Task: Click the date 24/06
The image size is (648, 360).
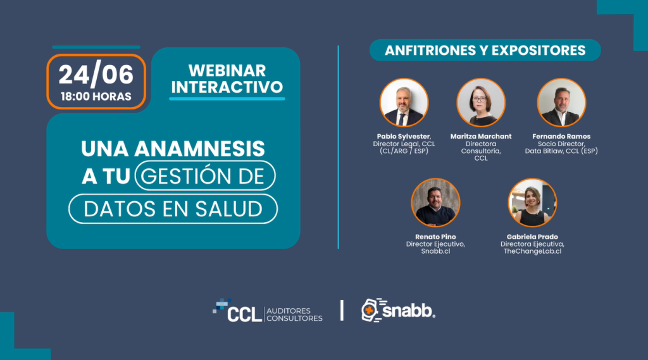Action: click(x=96, y=75)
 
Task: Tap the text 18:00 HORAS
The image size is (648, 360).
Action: click(x=96, y=96)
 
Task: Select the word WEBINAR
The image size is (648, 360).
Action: click(x=227, y=71)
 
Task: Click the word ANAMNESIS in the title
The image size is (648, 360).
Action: click(x=199, y=149)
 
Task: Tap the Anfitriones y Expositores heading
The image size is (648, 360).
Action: click(x=485, y=51)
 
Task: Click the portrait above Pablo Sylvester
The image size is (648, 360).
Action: click(x=404, y=102)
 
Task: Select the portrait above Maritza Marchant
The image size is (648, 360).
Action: click(x=481, y=102)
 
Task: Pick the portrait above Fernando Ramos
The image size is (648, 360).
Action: click(x=561, y=102)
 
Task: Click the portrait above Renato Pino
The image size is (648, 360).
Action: click(x=435, y=202)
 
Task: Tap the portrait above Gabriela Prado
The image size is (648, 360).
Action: click(x=532, y=202)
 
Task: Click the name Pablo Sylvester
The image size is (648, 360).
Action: click(x=404, y=137)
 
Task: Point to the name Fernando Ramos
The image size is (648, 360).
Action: click(x=561, y=137)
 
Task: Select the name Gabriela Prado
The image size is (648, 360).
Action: click(x=532, y=237)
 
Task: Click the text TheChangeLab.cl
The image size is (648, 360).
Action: click(x=532, y=251)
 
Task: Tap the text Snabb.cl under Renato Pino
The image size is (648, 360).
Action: click(x=435, y=251)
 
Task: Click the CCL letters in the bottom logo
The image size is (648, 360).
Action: click(x=245, y=314)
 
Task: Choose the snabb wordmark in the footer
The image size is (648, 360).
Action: click(x=408, y=311)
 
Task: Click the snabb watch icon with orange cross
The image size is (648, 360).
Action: click(x=370, y=310)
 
